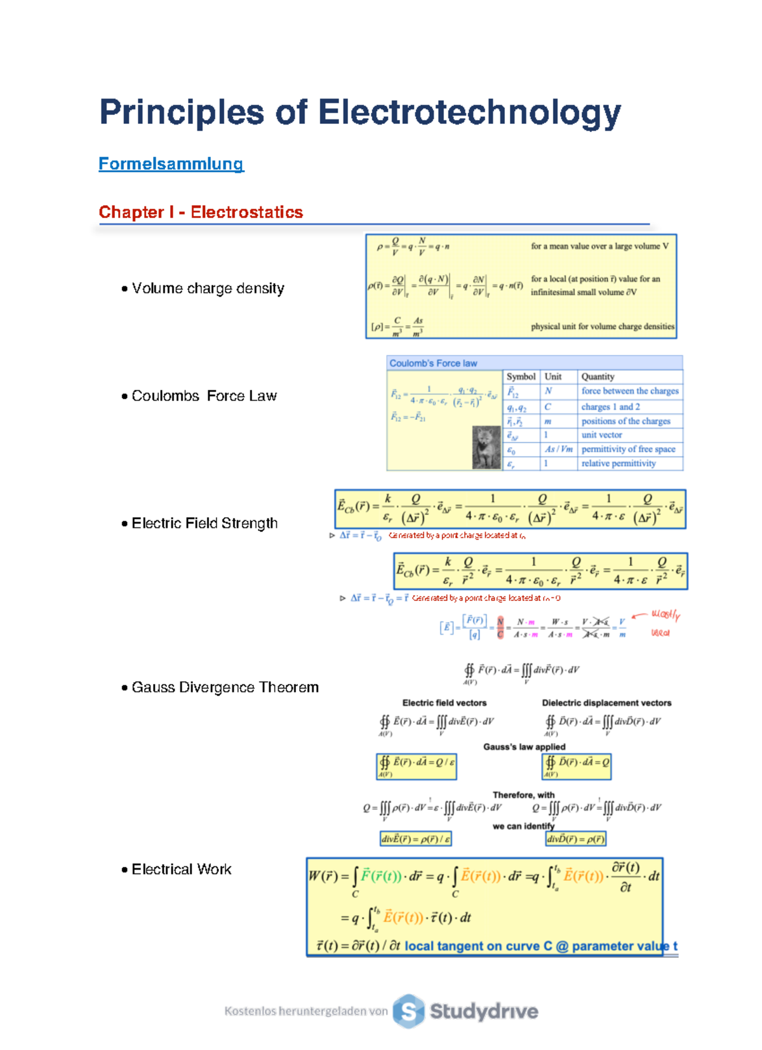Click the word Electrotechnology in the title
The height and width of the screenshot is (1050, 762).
[x=469, y=113]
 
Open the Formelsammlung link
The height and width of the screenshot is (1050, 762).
[x=171, y=164]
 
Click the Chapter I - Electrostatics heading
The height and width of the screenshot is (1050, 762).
[x=201, y=212]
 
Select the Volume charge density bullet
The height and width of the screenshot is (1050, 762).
[x=208, y=288]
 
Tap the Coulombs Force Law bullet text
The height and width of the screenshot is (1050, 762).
[x=204, y=396]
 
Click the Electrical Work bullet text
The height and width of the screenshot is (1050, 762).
[x=181, y=869]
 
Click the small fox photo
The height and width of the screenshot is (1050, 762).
[x=486, y=448]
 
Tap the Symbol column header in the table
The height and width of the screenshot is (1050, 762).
[x=521, y=377]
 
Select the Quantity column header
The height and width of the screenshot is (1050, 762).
[x=598, y=377]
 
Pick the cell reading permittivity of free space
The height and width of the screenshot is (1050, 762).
[x=628, y=449]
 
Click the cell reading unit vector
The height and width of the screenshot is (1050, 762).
[x=601, y=435]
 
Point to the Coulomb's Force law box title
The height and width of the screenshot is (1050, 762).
[x=433, y=363]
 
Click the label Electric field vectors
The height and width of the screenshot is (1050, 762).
[x=444, y=703]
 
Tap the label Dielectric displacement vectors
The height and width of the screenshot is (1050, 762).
[x=606, y=703]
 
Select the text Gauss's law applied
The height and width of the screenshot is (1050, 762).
[x=524, y=747]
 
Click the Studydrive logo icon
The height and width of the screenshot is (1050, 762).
[x=408, y=1011]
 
